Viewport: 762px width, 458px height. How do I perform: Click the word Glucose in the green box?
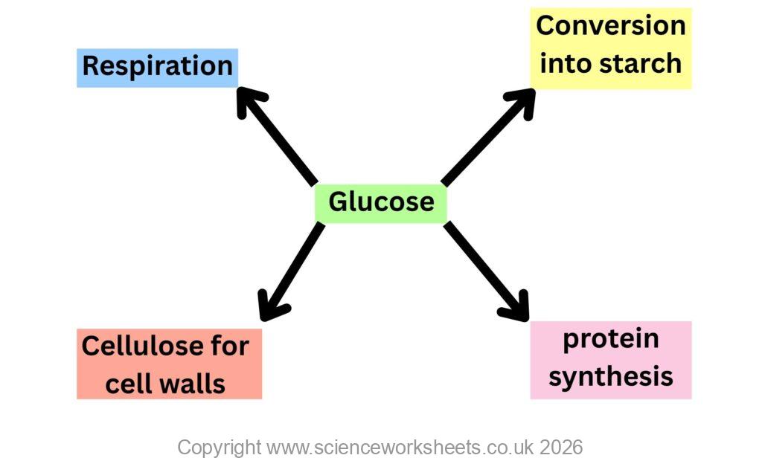(381, 201)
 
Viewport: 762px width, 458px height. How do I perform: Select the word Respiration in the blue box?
(157, 66)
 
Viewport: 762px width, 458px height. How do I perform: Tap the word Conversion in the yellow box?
(610, 25)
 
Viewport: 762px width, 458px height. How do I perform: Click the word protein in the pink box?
(611, 339)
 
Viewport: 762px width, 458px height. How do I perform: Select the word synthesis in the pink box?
(611, 376)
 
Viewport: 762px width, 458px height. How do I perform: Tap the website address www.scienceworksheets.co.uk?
(394, 447)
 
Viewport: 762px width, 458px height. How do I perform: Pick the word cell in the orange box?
(129, 384)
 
